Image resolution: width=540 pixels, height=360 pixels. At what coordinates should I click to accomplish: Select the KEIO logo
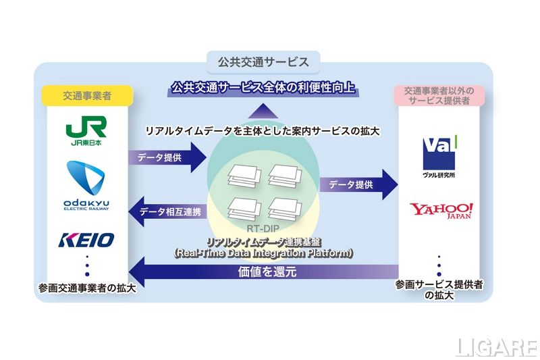[x=86, y=239]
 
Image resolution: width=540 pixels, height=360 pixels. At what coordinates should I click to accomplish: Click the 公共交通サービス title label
[x=263, y=62]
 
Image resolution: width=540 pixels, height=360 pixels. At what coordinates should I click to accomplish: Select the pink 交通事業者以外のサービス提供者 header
[x=439, y=96]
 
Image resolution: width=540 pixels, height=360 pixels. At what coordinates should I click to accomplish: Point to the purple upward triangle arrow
[x=264, y=111]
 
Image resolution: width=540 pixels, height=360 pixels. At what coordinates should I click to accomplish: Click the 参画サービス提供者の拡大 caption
[x=439, y=290]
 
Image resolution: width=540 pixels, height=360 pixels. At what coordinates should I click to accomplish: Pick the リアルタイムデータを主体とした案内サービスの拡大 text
[x=263, y=130]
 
